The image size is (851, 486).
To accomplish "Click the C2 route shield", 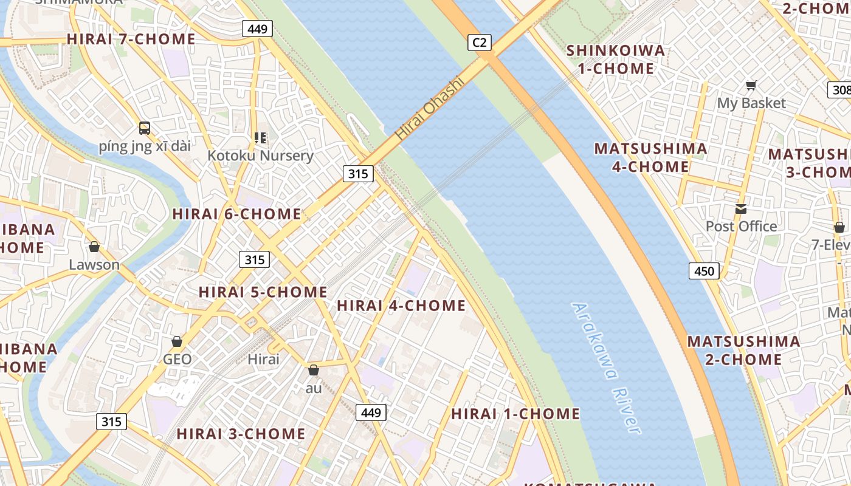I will click(480, 42).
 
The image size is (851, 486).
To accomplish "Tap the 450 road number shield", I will click(704, 271).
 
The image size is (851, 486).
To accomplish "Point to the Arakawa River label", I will click(607, 368).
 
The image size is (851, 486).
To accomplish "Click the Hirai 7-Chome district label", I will click(131, 39).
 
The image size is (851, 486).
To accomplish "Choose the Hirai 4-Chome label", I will click(401, 306).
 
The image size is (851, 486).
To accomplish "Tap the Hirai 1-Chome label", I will click(515, 414).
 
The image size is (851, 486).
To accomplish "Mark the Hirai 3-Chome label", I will click(241, 434).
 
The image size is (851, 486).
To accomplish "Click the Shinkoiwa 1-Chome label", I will click(616, 60).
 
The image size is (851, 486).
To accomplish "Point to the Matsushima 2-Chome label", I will click(743, 350).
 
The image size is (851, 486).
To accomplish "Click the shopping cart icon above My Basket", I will click(751, 86).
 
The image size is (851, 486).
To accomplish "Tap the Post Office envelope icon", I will click(740, 209).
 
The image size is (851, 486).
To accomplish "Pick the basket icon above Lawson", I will click(94, 247).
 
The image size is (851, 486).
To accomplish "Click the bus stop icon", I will click(145, 128).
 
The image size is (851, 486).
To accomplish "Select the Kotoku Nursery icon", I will click(260, 138).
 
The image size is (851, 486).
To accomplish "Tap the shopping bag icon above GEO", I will click(177, 341).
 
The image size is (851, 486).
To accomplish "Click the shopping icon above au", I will click(314, 369).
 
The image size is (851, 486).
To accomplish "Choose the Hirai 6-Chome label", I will click(236, 214).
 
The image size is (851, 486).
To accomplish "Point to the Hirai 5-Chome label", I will click(263, 292).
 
